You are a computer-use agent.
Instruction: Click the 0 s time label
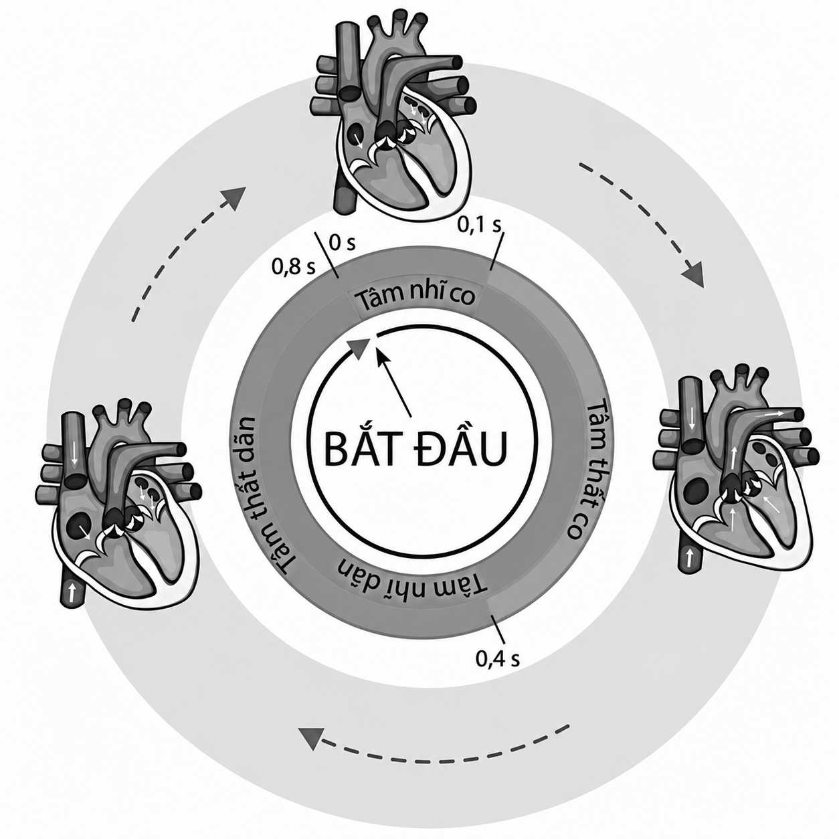(x=343, y=243)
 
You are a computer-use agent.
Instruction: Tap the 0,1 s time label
(x=479, y=225)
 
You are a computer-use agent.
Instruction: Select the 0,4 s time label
(x=498, y=659)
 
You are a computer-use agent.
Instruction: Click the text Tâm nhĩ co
(x=415, y=298)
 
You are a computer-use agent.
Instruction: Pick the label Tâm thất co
(x=588, y=470)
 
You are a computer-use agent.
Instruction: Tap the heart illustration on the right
(x=736, y=473)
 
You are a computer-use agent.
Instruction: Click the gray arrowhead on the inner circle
(x=359, y=349)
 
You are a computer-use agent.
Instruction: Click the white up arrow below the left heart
(x=72, y=591)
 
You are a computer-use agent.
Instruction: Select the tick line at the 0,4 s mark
(x=497, y=629)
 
